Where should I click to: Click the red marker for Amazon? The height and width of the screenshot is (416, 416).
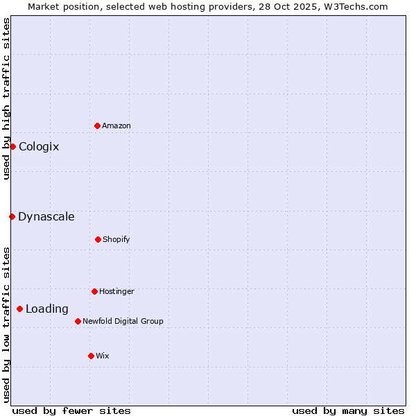(98, 125)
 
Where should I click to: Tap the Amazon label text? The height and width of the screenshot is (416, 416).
(116, 125)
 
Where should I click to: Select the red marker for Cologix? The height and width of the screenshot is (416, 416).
(12, 146)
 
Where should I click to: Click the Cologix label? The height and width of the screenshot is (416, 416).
(39, 147)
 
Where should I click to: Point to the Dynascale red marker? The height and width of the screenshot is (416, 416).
(12, 216)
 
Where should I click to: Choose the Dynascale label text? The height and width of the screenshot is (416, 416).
(46, 217)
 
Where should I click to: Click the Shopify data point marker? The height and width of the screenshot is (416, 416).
(98, 239)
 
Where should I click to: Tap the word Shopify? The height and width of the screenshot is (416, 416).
(116, 240)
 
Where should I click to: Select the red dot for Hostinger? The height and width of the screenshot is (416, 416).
(94, 291)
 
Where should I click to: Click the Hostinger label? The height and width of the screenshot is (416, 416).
(116, 292)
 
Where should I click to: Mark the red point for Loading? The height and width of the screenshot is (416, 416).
(19, 309)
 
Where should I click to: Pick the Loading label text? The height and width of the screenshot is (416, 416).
(47, 309)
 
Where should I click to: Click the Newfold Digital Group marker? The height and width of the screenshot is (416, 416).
(78, 321)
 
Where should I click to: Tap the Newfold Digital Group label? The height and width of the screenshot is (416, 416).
(123, 322)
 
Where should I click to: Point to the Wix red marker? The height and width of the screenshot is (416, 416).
(91, 356)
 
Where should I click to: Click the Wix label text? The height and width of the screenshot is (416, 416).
(103, 356)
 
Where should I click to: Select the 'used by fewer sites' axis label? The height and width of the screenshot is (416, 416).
(71, 410)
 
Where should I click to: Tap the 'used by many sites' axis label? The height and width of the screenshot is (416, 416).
(348, 410)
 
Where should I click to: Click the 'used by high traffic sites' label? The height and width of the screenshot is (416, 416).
(6, 98)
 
